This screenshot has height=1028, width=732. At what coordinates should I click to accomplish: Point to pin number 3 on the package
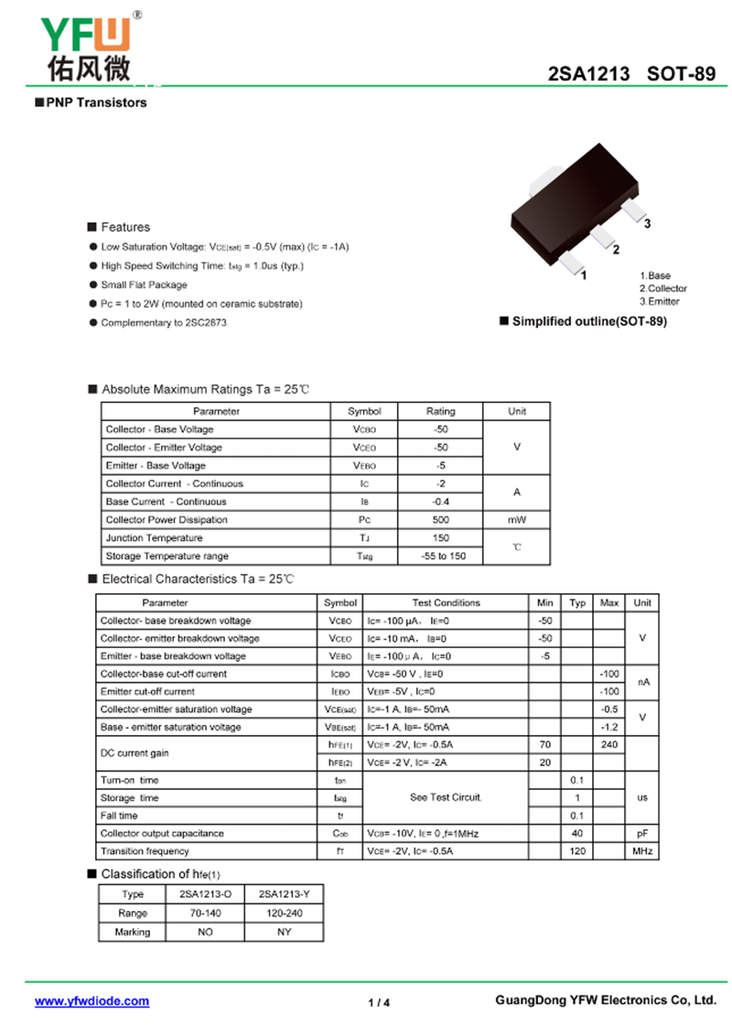[647, 223]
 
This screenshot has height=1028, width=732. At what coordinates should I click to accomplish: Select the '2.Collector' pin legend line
[662, 288]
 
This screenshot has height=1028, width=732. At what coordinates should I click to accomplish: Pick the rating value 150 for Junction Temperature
[440, 538]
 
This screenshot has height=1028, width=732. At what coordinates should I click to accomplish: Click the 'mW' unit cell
[517, 520]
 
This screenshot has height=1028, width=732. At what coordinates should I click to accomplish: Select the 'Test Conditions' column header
[446, 602]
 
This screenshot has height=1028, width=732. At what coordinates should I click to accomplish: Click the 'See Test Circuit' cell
[446, 797]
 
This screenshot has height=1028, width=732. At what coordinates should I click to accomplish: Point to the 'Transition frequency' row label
[144, 851]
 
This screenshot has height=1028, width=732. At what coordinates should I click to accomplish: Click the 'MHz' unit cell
[642, 851]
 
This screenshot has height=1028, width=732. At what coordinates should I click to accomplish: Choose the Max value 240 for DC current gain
[608, 744]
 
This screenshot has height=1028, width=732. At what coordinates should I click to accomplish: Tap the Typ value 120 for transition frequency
[577, 851]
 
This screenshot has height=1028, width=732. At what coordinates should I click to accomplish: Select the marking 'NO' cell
[205, 932]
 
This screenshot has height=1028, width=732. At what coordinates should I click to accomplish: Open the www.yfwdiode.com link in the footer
[91, 1001]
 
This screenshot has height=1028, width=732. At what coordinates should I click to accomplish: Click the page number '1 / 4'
[379, 1002]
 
